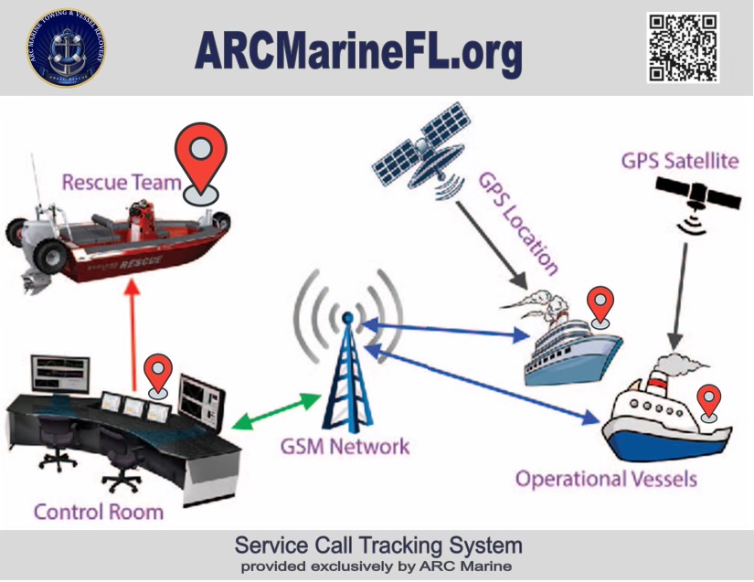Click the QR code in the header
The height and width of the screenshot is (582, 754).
click(x=684, y=48)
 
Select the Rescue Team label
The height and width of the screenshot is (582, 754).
click(x=121, y=182)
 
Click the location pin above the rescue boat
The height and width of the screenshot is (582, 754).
click(x=202, y=162)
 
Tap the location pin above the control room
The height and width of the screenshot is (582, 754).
click(x=160, y=376)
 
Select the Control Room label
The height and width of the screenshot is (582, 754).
click(x=99, y=511)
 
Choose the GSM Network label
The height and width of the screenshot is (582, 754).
click(x=345, y=447)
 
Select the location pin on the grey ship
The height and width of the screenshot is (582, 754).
click(x=600, y=305)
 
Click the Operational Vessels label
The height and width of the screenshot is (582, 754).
click(x=606, y=479)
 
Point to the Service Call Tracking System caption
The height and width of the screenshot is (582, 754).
click(x=378, y=545)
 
